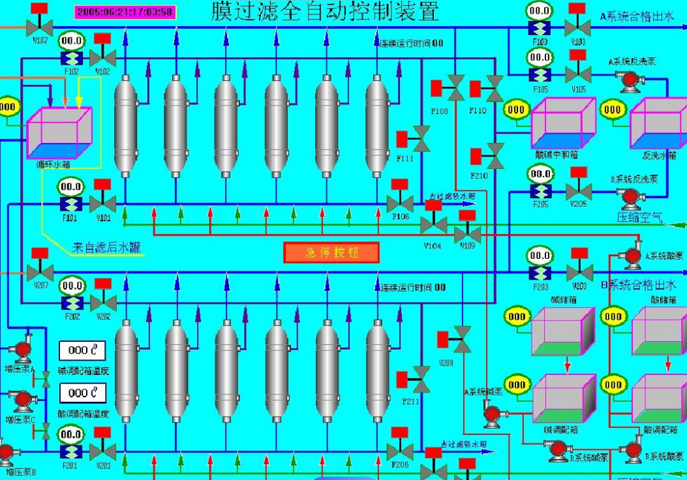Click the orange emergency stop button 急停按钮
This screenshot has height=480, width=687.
331,252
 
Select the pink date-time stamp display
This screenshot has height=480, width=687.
124,12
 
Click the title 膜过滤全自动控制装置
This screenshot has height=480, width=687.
324,12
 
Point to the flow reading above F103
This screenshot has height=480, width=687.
539,11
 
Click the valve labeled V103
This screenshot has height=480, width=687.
577,28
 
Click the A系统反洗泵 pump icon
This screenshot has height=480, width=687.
630,80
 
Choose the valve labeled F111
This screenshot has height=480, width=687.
421,139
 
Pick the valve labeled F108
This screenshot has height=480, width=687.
457,85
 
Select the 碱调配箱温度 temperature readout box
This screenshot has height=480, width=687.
82,350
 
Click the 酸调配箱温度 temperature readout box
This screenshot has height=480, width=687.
82,393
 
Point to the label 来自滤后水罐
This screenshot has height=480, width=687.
106,248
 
